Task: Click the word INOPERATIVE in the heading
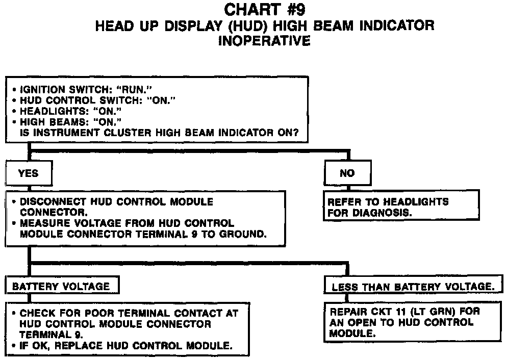tap(264, 41)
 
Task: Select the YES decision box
tap(29, 173)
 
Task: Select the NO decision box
tap(347, 174)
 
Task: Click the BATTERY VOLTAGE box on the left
tap(61, 286)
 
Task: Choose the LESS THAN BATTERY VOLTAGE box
tap(413, 287)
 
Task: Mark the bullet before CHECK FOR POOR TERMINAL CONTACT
tap(14, 313)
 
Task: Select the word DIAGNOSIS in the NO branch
tap(384, 213)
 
